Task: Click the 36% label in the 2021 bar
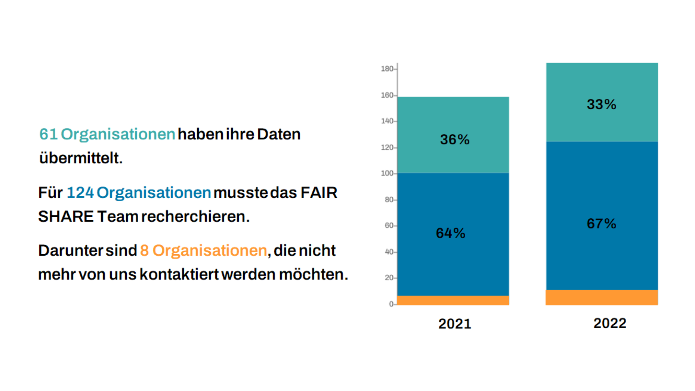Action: pyautogui.click(x=455, y=139)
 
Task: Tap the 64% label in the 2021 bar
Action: pyautogui.click(x=450, y=233)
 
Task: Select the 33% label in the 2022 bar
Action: pyautogui.click(x=601, y=104)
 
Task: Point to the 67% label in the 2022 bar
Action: pyautogui.click(x=601, y=224)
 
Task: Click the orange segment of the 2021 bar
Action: pyautogui.click(x=453, y=300)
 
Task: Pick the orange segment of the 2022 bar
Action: pyautogui.click(x=602, y=297)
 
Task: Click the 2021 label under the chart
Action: pyautogui.click(x=455, y=324)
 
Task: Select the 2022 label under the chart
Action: pyautogui.click(x=610, y=323)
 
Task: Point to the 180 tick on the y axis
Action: pyautogui.click(x=387, y=69)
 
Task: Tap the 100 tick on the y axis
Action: pyautogui.click(x=387, y=173)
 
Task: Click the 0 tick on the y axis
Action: pyautogui.click(x=391, y=304)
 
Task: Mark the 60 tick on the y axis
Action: pyautogui.click(x=389, y=226)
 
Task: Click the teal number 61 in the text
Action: pyautogui.click(x=49, y=134)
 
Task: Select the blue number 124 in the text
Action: pyautogui.click(x=80, y=193)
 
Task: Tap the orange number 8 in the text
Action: pyautogui.click(x=144, y=251)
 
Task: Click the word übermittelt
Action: pyautogui.click(x=81, y=158)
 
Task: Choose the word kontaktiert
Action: pyautogui.click(x=179, y=274)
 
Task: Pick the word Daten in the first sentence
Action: pyautogui.click(x=279, y=134)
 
